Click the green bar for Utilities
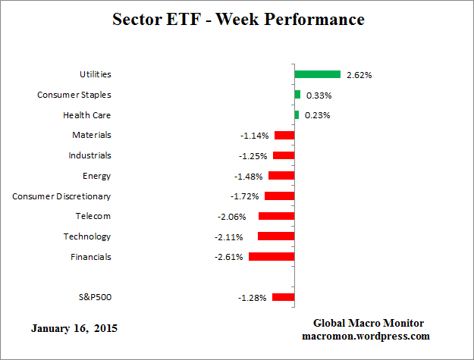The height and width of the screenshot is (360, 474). (318, 74)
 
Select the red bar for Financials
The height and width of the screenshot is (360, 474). (272, 257)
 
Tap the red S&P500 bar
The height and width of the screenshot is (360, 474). (283, 298)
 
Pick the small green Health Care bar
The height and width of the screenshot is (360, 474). (297, 115)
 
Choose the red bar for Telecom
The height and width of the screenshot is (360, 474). (276, 216)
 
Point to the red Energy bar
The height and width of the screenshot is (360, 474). (281, 176)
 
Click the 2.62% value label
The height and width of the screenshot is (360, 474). (359, 75)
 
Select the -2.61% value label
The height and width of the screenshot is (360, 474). (228, 257)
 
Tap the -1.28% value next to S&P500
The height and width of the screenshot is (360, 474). (252, 298)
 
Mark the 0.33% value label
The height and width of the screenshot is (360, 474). (318, 95)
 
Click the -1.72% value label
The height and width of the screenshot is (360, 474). (244, 196)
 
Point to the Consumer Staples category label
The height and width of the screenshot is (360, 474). (74, 95)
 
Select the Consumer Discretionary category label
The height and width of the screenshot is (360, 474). (61, 196)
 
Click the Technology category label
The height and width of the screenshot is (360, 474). (87, 236)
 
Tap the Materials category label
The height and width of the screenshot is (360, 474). (92, 135)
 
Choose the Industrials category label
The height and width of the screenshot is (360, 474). (89, 155)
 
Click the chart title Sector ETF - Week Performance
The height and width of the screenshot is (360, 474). (238, 19)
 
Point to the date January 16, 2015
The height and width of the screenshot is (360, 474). (74, 329)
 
